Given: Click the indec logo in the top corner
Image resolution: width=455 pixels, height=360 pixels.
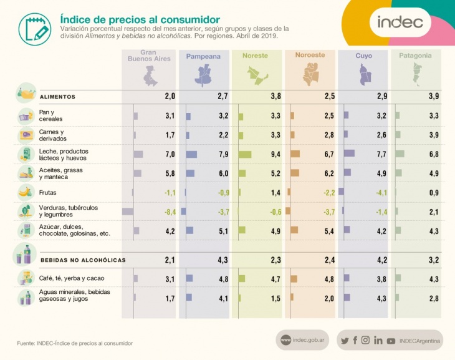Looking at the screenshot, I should pos(400,22).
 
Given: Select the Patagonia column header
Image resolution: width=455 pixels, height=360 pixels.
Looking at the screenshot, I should pos(415,56).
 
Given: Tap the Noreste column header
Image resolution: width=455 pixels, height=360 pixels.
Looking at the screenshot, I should pos(255,56).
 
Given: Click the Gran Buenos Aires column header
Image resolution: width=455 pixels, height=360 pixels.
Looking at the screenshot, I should pos(149,56).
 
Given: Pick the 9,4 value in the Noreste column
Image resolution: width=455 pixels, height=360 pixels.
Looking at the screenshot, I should pos(275,154).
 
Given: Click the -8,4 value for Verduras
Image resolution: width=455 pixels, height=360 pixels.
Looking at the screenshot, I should pos(170,212).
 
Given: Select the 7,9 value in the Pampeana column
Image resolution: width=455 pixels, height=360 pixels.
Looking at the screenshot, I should pos(223,154).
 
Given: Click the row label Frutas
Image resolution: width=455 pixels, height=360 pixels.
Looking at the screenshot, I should pos(49,193).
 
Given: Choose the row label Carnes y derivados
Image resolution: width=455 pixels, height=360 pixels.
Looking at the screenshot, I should pos(52,135).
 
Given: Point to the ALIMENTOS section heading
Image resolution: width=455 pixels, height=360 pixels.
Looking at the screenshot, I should pos(57,97).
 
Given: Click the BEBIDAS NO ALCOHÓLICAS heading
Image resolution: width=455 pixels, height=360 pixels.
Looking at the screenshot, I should pos(83,260).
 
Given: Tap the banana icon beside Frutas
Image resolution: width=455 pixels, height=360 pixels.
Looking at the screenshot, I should pos(26,192).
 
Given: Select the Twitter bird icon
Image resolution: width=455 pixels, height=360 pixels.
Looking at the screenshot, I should pos(344,341).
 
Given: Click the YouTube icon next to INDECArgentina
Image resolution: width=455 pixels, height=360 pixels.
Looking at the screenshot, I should pos(391,341).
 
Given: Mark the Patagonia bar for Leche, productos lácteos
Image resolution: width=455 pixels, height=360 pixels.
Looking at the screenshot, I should pos(400,153).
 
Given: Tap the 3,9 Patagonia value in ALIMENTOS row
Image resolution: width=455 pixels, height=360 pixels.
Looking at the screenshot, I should pos(434,96).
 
